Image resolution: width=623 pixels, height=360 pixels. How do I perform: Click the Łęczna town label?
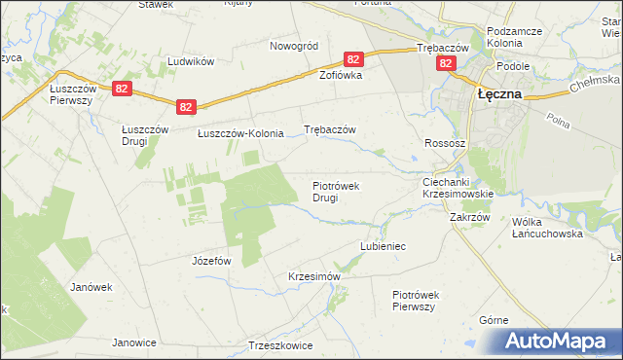pyautogui.click(x=499, y=94)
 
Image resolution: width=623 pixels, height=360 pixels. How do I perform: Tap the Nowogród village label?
pyautogui.click(x=294, y=46)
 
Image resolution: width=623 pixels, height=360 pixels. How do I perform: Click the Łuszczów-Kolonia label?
pyautogui.click(x=240, y=133)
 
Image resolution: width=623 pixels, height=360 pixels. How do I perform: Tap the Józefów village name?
pyautogui.click(x=211, y=261)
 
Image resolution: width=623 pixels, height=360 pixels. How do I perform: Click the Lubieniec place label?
pyautogui.click(x=383, y=246)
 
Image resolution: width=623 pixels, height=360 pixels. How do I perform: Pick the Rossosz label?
pyautogui.click(x=444, y=143)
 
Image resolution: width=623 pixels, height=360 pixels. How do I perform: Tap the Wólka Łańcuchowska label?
pyautogui.click(x=546, y=228)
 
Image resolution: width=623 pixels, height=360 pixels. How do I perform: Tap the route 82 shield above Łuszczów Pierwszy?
pyautogui.click(x=121, y=89)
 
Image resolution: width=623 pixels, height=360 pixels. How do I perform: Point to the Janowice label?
pyautogui.click(x=134, y=342)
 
